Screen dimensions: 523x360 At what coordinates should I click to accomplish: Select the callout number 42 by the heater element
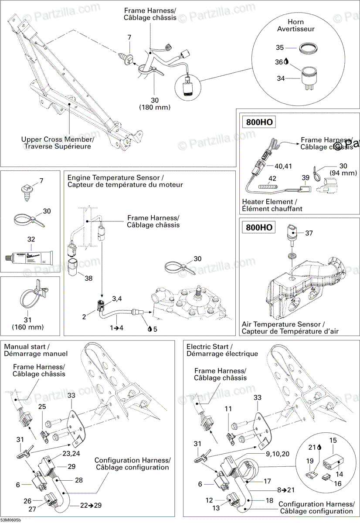[x=272, y=178]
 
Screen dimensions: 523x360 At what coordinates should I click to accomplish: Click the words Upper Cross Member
[x=57, y=139]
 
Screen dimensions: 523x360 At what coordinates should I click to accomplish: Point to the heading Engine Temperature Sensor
[x=115, y=178]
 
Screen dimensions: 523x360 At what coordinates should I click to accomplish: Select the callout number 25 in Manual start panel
[x=42, y=406]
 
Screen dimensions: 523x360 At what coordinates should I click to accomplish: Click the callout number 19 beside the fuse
[x=310, y=461]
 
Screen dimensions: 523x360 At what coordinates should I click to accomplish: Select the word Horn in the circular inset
[x=296, y=22]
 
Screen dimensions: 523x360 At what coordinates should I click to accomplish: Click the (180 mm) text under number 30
[x=154, y=107]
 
